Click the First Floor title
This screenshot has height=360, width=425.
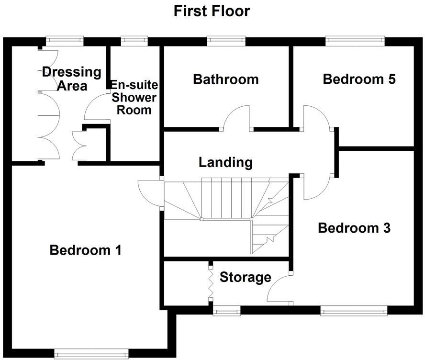coord(212,11)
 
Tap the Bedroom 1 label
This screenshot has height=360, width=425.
coord(86,250)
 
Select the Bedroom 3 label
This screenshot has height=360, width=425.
coord(354,228)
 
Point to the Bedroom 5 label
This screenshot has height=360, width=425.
coord(359,79)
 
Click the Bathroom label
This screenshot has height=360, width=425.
coord(225,79)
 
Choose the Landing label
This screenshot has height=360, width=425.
coord(225,162)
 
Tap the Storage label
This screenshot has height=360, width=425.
coord(245,277)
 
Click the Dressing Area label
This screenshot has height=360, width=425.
coord(72,79)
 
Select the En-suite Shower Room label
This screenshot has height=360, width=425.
coord(134,98)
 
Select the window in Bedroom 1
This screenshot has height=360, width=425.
coord(91,354)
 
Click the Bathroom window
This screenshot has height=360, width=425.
coord(226,41)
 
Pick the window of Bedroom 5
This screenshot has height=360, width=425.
coord(355,41)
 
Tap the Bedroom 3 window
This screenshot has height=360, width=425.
coord(354,312)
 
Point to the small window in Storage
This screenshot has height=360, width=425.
coord(225,312)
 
